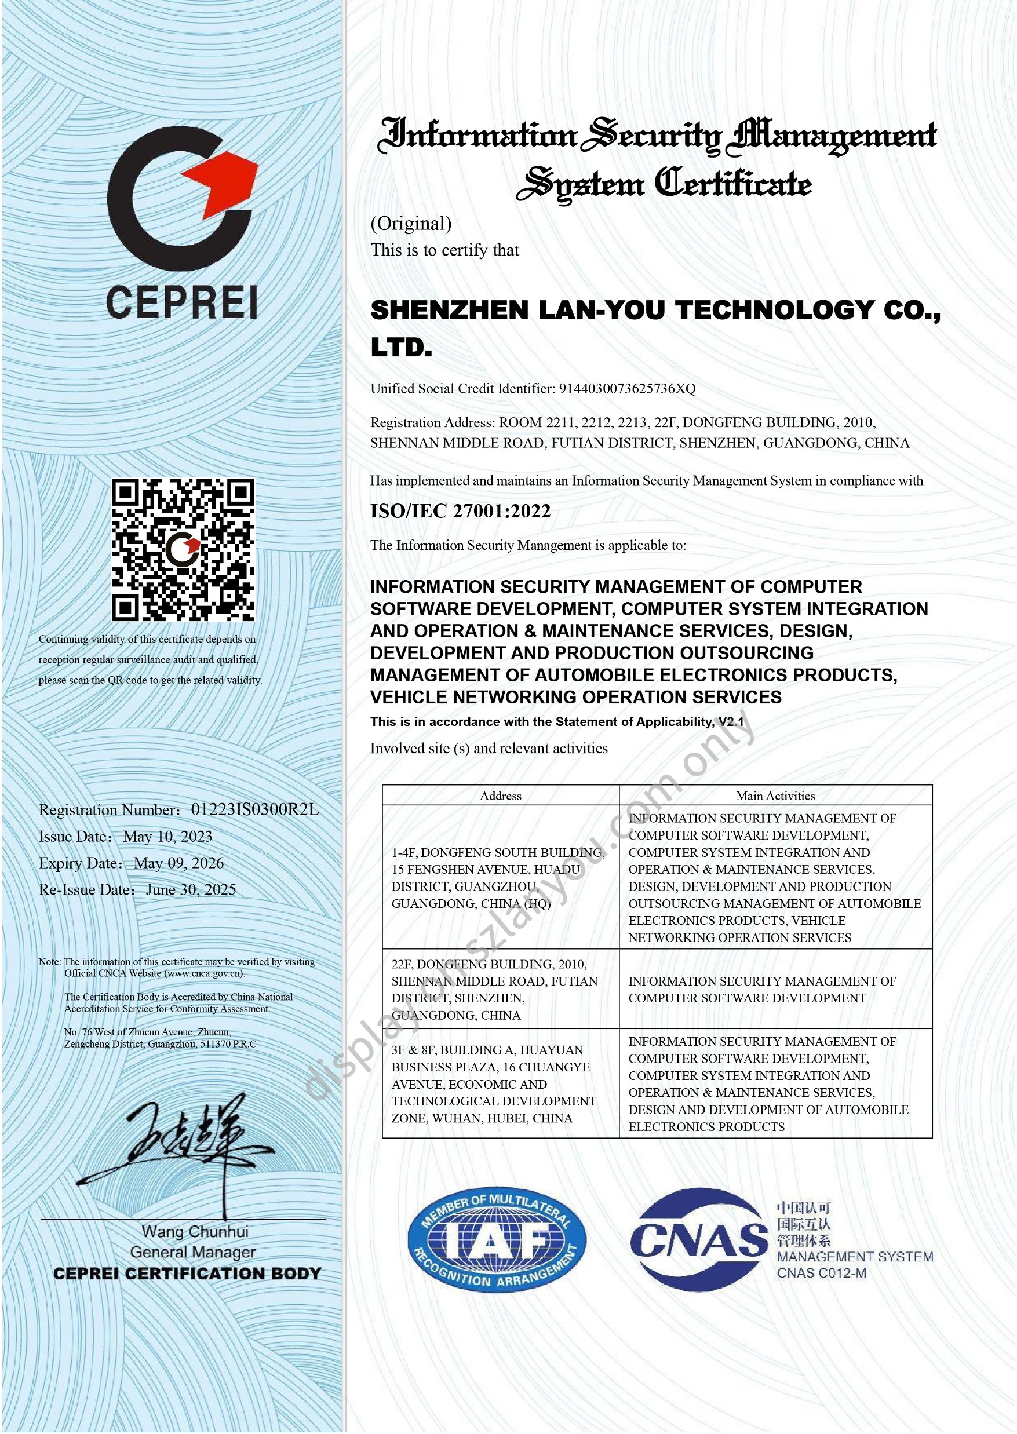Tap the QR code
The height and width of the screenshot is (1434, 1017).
click(183, 549)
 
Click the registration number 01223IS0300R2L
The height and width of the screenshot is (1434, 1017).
click(254, 809)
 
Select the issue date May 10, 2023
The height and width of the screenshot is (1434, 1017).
click(167, 836)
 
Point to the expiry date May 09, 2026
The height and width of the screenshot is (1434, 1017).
click(178, 863)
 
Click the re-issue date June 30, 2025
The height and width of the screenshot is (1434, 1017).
click(191, 889)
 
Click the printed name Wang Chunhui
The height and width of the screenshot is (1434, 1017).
click(195, 1231)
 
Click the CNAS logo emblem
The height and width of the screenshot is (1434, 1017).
click(698, 1239)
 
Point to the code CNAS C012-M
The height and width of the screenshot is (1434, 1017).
click(822, 1273)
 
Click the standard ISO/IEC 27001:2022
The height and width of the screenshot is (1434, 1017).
click(460, 511)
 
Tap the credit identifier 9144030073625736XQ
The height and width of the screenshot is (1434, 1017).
click(627, 388)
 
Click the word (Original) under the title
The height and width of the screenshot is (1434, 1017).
click(411, 223)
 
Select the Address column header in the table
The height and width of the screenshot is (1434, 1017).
click(500, 796)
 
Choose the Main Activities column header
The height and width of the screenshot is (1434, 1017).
click(775, 796)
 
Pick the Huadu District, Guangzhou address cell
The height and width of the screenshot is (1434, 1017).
click(498, 878)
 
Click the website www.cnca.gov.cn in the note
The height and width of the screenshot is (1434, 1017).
click(204, 973)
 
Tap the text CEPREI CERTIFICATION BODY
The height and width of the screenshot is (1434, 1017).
click(187, 1274)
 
